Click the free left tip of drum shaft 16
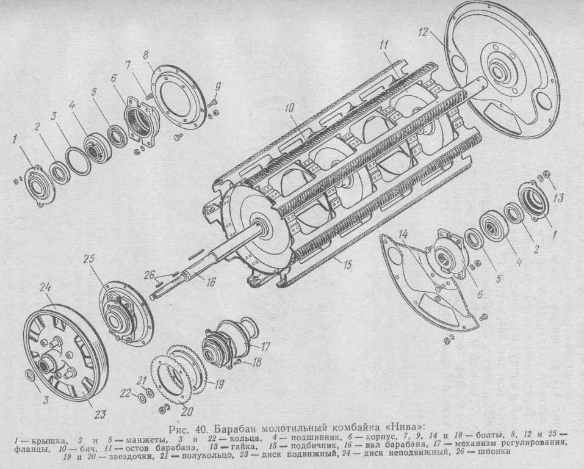[151, 297]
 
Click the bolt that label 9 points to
[212, 101]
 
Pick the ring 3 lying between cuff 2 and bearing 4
[77, 161]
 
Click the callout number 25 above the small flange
[89, 259]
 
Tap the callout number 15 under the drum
[347, 265]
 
